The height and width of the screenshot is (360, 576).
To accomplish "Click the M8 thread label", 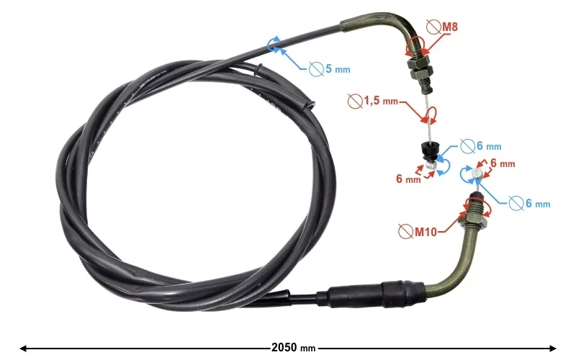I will point(450,27).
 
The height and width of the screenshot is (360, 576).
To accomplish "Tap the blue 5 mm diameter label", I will point(338,70).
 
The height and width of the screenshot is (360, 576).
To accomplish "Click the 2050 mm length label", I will point(293,348).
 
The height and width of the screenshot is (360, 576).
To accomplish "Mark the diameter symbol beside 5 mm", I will point(315,69).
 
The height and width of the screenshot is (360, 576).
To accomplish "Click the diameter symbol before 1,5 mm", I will point(355,101).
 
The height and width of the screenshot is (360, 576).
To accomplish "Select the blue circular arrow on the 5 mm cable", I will point(274,45).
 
